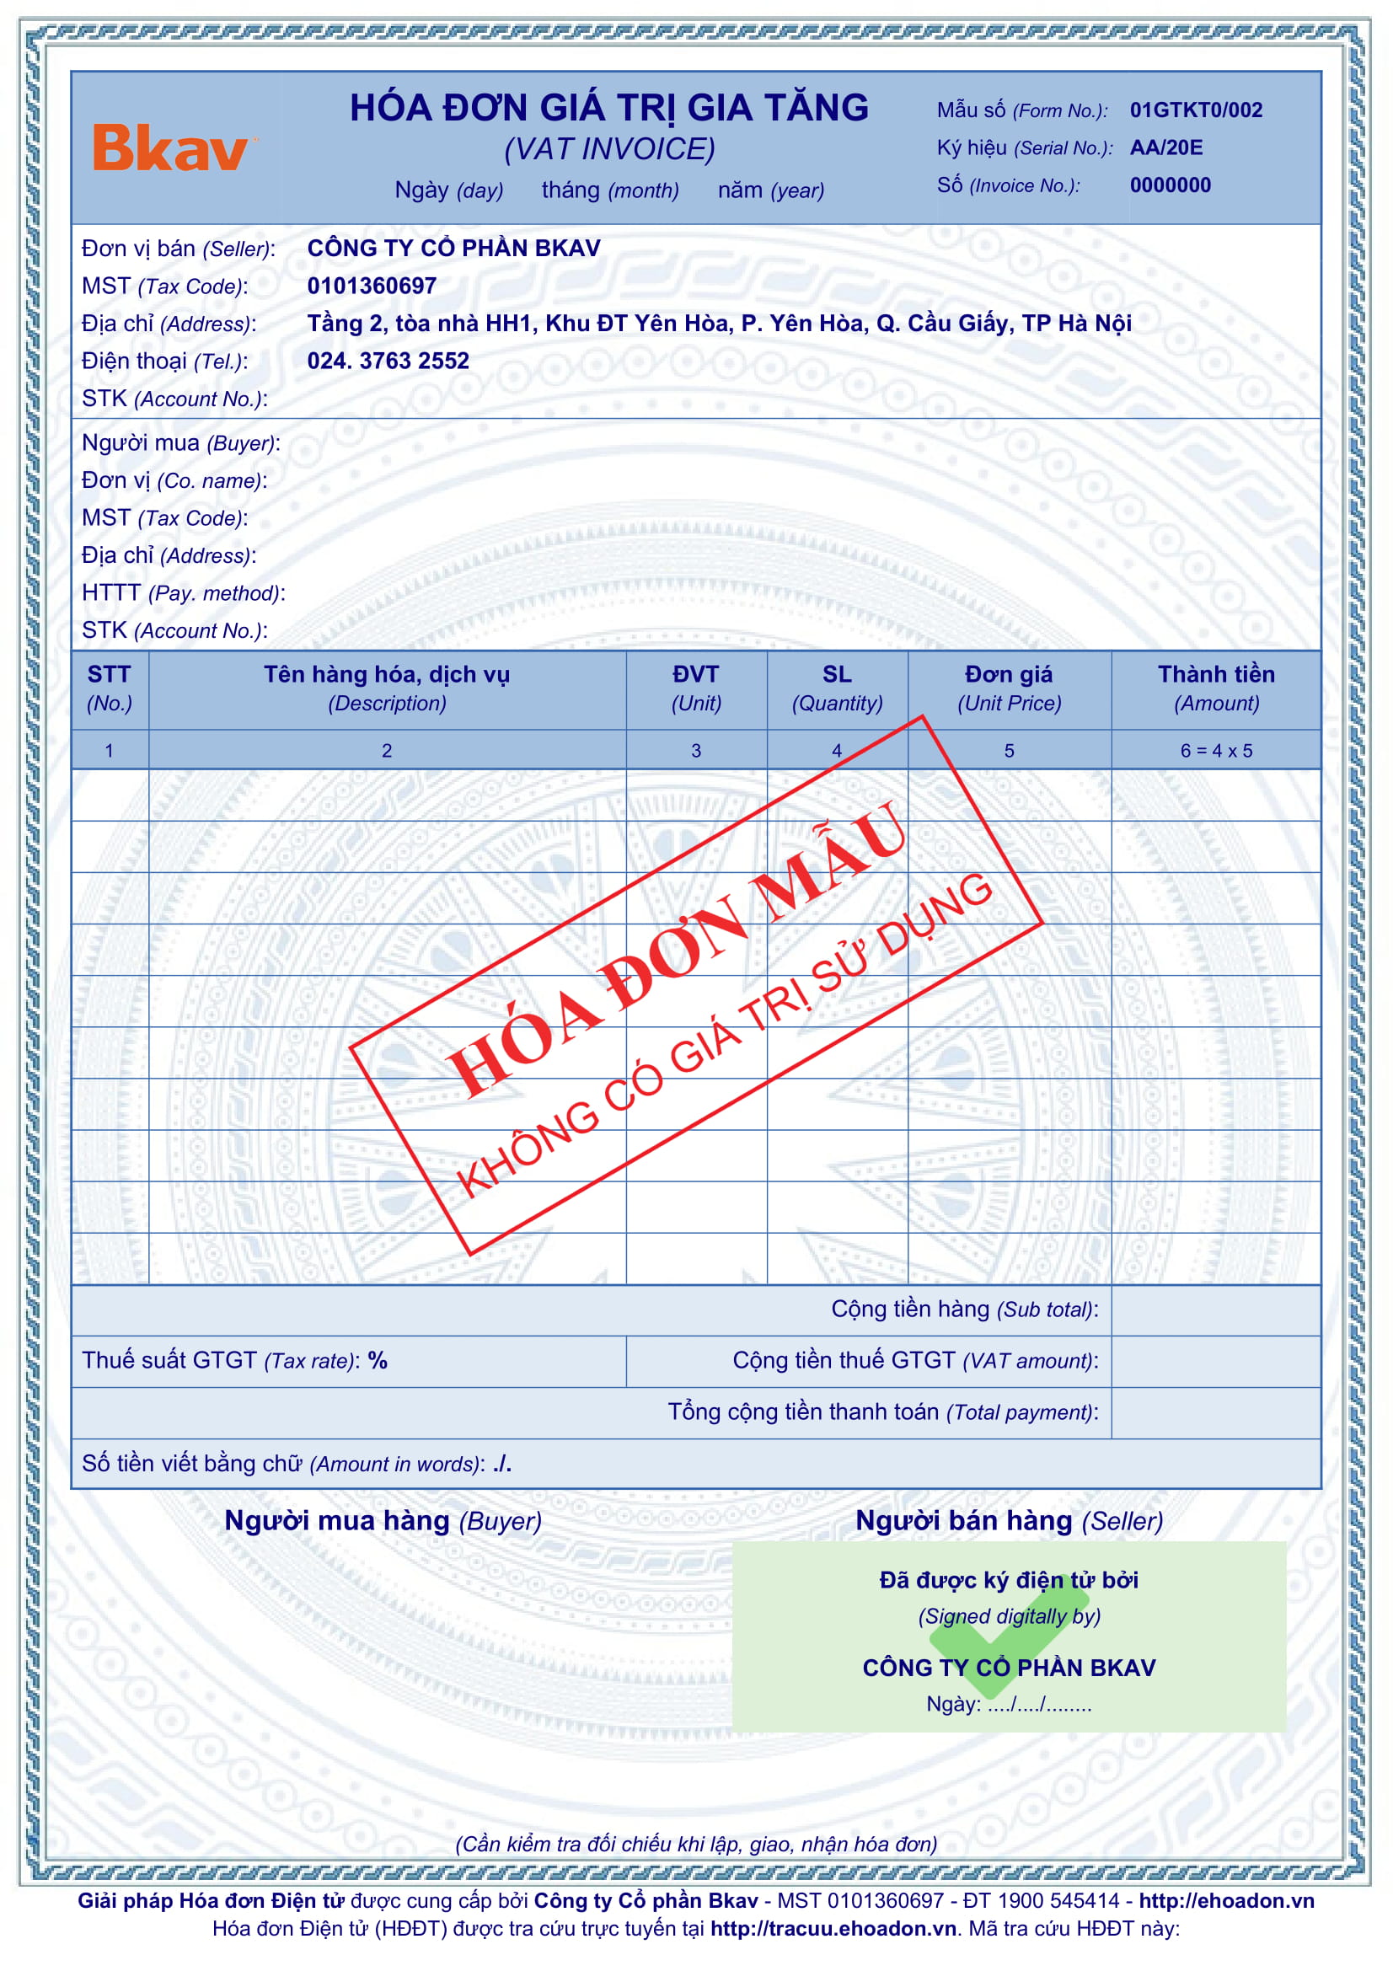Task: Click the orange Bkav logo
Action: tap(171, 148)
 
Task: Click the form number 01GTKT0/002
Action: tap(1195, 110)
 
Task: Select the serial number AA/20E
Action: tap(1165, 147)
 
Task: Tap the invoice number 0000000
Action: tap(1170, 185)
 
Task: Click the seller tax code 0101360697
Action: tap(372, 286)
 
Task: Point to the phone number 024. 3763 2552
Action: tap(388, 361)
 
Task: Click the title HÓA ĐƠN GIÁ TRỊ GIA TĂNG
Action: tap(608, 108)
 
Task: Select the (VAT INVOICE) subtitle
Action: tap(608, 149)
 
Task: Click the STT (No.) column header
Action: tap(109, 688)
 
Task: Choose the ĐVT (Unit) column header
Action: tap(695, 688)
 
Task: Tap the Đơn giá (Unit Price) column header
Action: tap(1009, 688)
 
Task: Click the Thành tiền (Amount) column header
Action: tap(1215, 688)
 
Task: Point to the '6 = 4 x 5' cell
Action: tap(1215, 751)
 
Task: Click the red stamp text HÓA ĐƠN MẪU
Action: tap(674, 949)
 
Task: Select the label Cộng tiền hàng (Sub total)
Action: tap(964, 1310)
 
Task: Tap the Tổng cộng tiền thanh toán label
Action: tap(882, 1412)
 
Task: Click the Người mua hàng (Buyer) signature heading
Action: tap(383, 1521)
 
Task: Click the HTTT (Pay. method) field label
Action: tap(183, 593)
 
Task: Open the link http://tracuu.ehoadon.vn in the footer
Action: tap(833, 1929)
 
